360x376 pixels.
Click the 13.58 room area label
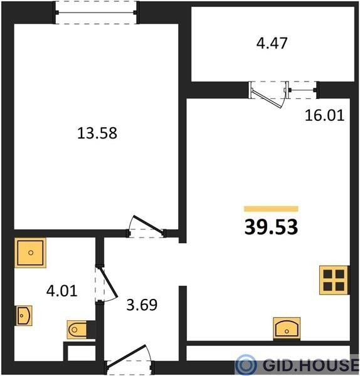[97, 133]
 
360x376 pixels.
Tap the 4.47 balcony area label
[272, 43]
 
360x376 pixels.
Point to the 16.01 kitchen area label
[324, 115]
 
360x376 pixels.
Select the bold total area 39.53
[271, 227]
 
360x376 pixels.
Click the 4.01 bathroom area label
[61, 291]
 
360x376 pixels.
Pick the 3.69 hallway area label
[142, 305]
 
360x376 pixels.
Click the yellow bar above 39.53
[271, 209]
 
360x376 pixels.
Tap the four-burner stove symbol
[334, 280]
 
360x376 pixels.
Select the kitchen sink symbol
[287, 328]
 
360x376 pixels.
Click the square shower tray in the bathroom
[30, 253]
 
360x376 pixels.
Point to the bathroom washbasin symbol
[24, 315]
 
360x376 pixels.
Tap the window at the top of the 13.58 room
[96, 13]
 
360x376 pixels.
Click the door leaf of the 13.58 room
[148, 224]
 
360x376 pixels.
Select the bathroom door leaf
[108, 283]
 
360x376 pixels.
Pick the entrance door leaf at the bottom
[126, 355]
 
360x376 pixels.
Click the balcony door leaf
[267, 98]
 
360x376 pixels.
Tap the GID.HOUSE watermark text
[310, 365]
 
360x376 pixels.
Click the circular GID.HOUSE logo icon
[245, 365]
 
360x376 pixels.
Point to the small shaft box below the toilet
[79, 352]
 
